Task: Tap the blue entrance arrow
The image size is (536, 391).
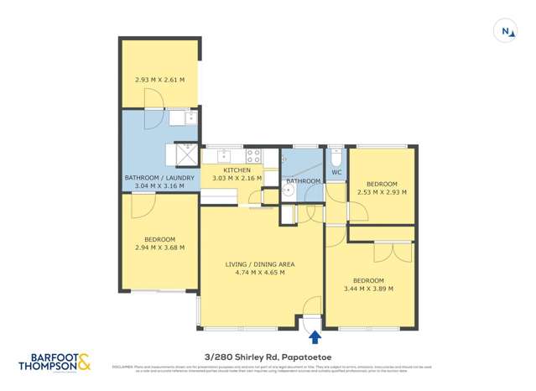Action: [x=315, y=337]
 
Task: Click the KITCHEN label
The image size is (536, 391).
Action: [x=237, y=170]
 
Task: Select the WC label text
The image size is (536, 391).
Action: [x=336, y=173]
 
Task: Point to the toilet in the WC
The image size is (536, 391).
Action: [x=336, y=159]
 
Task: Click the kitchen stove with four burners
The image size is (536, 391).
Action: [x=253, y=155]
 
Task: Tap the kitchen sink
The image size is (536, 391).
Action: [x=224, y=156]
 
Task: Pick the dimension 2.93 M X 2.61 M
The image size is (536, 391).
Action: [x=159, y=80]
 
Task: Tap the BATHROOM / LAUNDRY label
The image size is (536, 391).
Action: [x=159, y=178]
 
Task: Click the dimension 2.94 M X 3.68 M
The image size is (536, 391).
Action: [x=159, y=248]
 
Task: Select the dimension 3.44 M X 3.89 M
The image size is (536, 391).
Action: [x=368, y=289]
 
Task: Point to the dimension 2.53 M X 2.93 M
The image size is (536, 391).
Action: [x=381, y=192]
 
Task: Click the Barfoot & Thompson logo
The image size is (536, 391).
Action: [x=55, y=362]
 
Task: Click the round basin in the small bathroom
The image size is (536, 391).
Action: [x=287, y=189]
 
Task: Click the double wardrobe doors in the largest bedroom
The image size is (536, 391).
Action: [x=393, y=252]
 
